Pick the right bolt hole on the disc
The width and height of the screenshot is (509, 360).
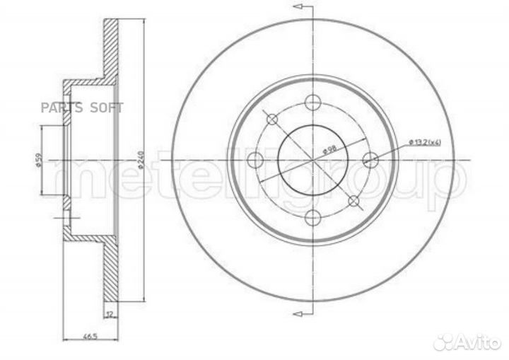point(370,160)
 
